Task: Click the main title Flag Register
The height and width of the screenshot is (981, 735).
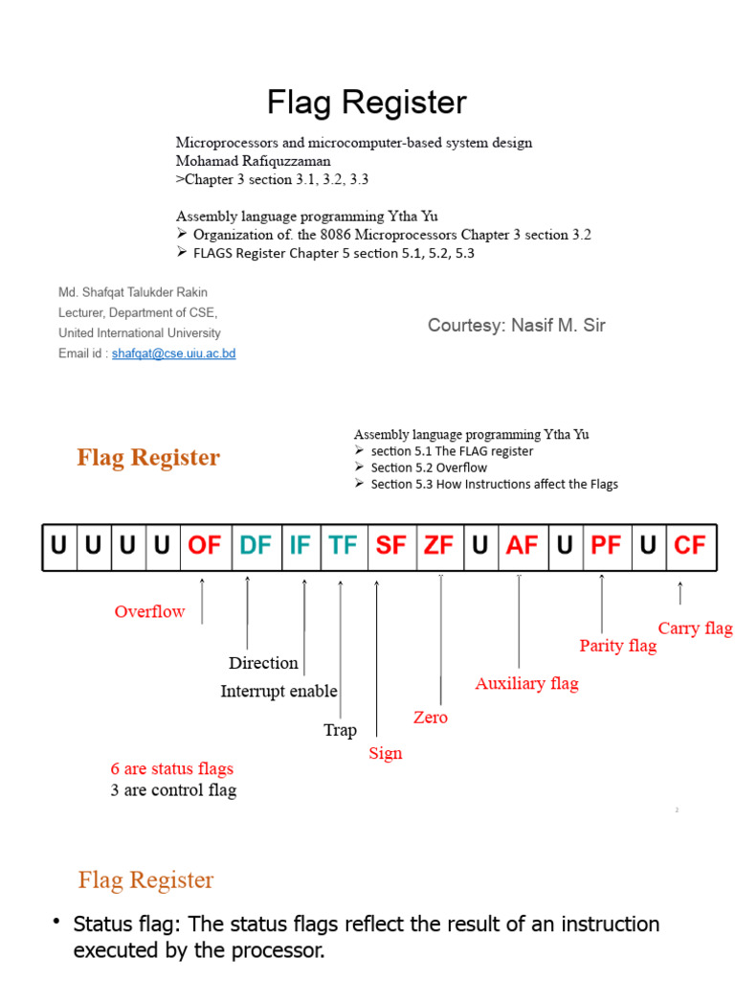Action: coord(367,103)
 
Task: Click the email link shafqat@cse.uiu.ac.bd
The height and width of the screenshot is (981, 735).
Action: coord(173,354)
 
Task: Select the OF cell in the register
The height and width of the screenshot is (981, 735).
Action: coord(204,546)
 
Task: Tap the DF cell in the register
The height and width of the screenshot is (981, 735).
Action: coord(256,546)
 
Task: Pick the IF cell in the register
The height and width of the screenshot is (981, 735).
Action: coord(300,546)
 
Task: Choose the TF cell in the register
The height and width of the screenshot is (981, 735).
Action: coord(343,546)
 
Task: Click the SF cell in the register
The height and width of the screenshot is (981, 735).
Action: coord(390,546)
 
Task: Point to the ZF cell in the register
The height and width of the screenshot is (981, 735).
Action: coord(438,546)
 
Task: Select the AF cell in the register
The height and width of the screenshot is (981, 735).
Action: coord(522,546)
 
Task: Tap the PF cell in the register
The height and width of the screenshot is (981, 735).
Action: coord(606,546)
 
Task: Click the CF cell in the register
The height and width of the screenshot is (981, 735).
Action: coord(689,546)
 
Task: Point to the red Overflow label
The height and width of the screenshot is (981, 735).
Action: coord(149,612)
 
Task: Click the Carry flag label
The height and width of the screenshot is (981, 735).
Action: coord(695,628)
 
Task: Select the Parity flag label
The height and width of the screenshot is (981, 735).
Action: coord(618,646)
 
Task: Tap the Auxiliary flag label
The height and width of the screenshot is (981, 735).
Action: coord(526,684)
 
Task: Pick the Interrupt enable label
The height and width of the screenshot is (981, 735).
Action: coord(278,692)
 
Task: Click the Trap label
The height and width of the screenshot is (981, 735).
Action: coord(340,730)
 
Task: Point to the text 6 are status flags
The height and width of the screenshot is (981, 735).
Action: coord(171,768)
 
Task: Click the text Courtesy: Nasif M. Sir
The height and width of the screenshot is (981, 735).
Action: coord(516,326)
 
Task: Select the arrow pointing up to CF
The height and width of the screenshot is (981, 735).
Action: coord(680,593)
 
